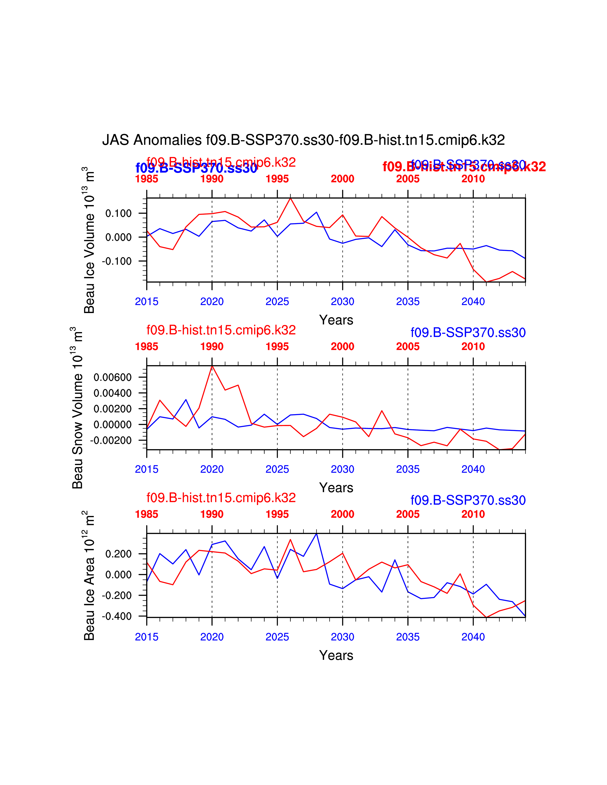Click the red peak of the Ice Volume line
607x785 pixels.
coord(290,198)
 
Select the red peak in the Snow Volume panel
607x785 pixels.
coord(212,366)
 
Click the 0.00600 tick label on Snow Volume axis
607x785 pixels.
coord(113,378)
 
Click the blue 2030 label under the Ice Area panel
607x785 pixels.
coord(342,637)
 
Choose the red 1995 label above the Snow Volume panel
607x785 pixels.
coord(277,347)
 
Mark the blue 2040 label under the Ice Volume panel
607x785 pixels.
coord(473,302)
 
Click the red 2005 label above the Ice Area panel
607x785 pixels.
coord(408,514)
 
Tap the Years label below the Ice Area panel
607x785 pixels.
coord(336,655)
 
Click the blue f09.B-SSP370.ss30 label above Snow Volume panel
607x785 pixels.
coord(468,333)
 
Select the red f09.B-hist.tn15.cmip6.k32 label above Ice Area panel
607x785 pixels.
coord(221,498)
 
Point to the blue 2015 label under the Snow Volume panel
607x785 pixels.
coord(146,469)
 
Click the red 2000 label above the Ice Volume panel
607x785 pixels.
coord(342,179)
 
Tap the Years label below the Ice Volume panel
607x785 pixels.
coord(336,320)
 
